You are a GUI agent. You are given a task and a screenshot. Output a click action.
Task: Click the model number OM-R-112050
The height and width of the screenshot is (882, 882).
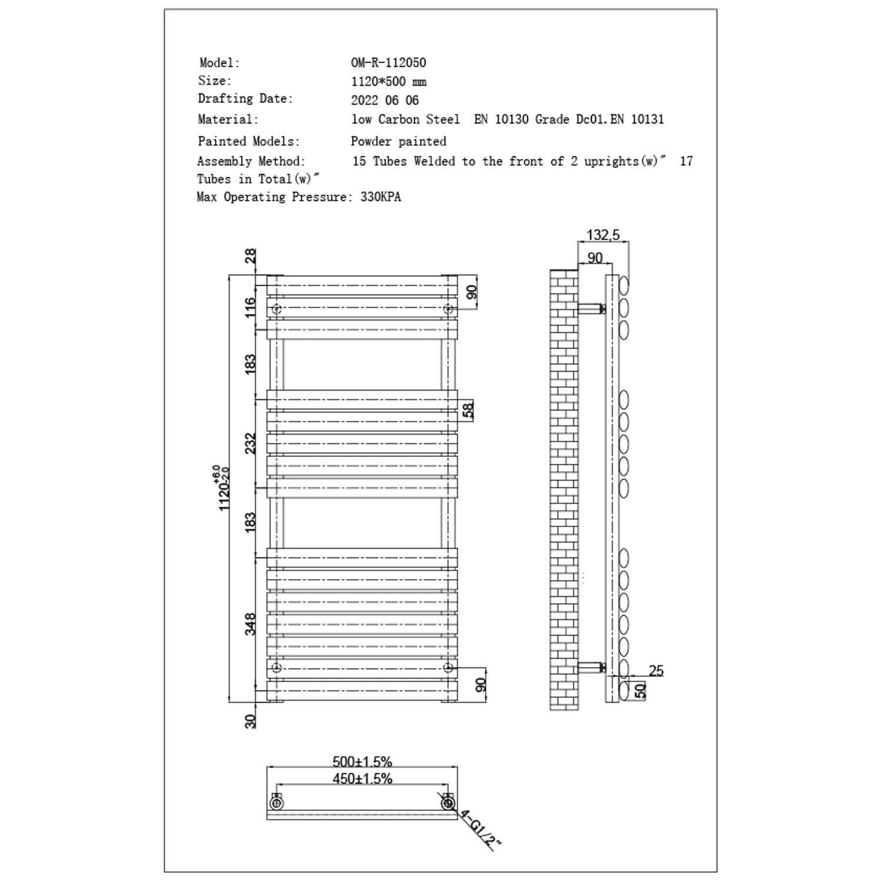coord(388,62)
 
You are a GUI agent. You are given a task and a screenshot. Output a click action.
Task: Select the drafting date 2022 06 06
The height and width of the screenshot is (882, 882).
coord(385,100)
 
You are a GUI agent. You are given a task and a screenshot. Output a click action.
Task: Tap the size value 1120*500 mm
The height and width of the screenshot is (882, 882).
coord(388,81)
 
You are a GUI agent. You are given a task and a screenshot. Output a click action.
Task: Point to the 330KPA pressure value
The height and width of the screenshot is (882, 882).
coord(380,197)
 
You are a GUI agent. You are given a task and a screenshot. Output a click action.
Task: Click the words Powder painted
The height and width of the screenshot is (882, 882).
coord(398,141)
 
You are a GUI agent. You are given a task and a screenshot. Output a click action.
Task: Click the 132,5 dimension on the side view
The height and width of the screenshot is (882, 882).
coord(603,235)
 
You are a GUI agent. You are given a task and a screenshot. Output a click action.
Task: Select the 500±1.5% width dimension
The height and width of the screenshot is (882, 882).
coord(362,761)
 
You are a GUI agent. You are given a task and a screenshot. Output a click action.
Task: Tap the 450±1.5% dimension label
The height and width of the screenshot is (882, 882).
coord(362,779)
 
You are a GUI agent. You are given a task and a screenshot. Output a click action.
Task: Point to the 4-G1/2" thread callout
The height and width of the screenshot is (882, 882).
coord(480,830)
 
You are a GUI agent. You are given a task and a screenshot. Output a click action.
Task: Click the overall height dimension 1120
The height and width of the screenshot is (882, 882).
coord(224,488)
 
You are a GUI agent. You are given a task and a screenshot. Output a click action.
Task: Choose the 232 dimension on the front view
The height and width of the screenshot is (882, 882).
coord(250,443)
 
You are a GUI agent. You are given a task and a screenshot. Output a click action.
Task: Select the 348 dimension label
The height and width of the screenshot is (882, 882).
coord(250,624)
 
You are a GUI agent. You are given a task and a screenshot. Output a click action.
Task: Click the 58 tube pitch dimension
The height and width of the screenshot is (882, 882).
coord(468,410)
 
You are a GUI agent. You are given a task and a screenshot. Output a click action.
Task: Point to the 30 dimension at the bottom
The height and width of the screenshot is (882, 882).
coord(250,721)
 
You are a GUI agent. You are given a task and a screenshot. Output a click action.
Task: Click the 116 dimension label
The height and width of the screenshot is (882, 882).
coord(250,308)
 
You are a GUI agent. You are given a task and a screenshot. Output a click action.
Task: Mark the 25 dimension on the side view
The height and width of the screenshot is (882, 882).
coord(656,670)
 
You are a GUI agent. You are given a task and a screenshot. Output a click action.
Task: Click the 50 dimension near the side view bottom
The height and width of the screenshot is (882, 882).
coord(641,690)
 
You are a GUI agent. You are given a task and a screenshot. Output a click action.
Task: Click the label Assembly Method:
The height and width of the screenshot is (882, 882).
coord(251,161)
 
